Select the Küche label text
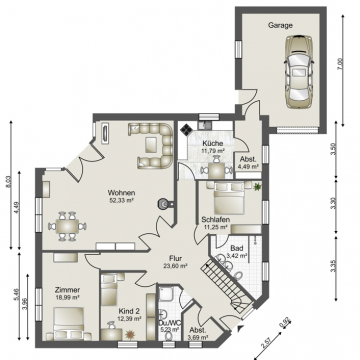point(212,144)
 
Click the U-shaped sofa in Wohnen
point(151,146)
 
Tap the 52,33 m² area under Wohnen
point(121,200)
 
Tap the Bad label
point(236,247)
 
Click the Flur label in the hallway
point(174,258)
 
